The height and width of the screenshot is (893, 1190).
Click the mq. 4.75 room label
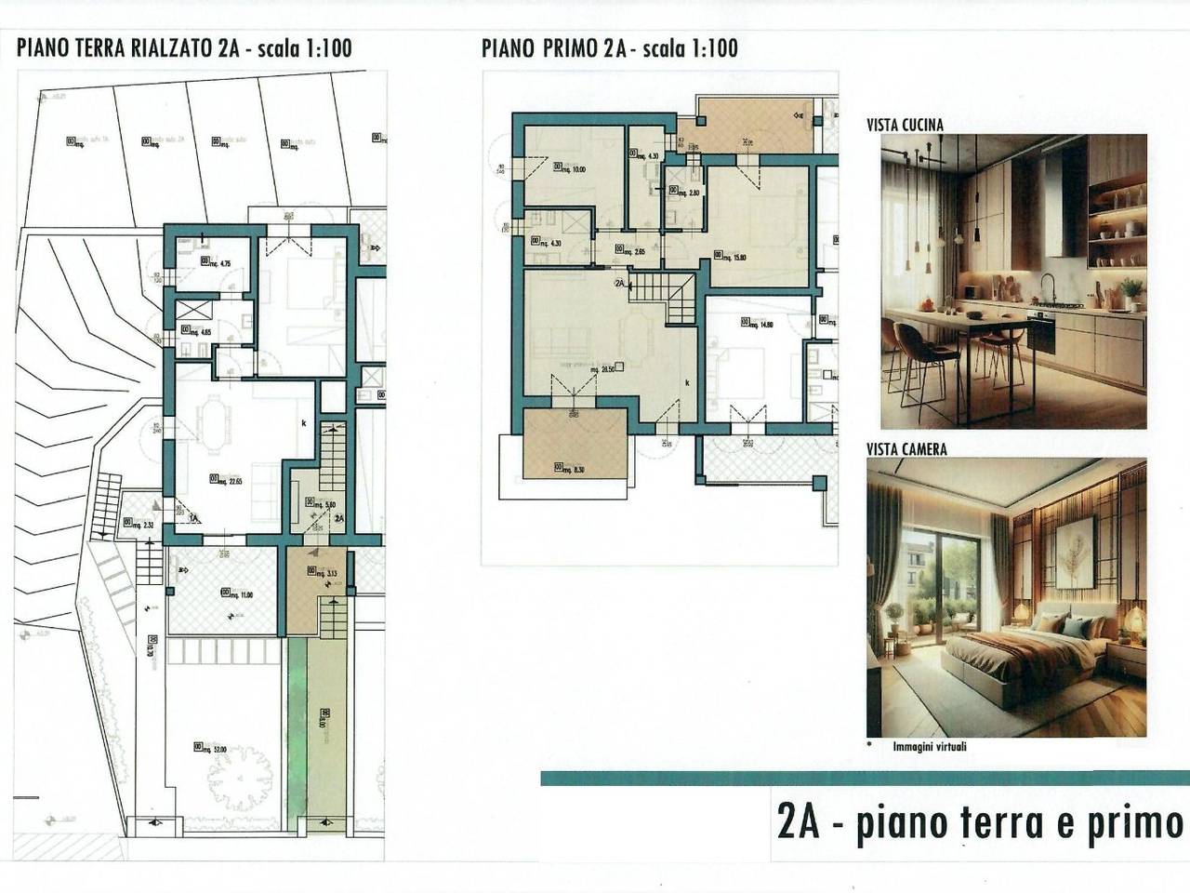point(218,263)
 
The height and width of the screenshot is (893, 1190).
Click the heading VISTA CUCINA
point(905,125)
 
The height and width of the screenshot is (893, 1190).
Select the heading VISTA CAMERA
point(906,449)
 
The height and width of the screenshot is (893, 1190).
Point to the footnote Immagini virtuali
point(929,746)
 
